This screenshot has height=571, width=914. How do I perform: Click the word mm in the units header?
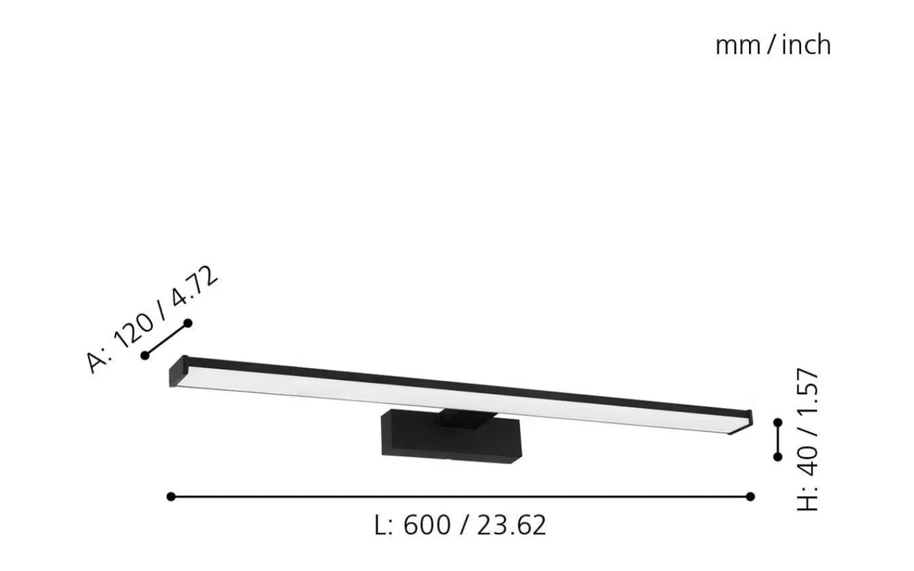click(x=738, y=46)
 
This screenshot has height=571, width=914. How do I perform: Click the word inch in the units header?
click(x=806, y=45)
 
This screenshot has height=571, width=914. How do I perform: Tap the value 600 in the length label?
click(x=427, y=525)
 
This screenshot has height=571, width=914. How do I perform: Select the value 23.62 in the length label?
click(x=512, y=525)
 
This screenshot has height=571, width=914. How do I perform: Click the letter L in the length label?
click(x=381, y=525)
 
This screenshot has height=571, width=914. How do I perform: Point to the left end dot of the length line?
click(x=171, y=496)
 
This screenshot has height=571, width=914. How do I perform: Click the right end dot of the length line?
click(x=750, y=496)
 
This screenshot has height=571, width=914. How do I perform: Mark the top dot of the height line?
click(x=778, y=422)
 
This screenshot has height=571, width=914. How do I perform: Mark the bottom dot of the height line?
click(x=778, y=456)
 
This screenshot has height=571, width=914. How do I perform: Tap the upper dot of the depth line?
click(x=187, y=324)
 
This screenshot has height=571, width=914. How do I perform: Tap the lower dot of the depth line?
click(x=145, y=355)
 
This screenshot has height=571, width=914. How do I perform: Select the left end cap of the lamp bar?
click(x=177, y=372)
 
